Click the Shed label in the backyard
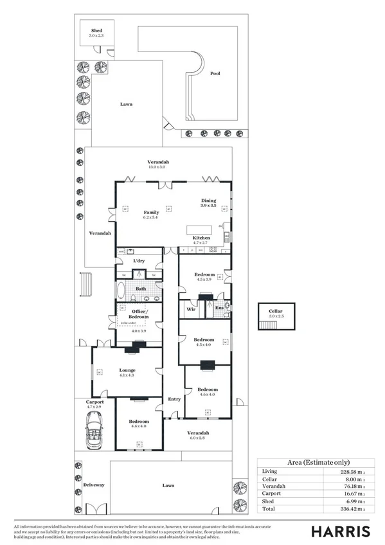click(96, 30)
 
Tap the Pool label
click(215, 73)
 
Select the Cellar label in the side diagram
click(276, 311)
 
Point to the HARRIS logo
click(341, 531)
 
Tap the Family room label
click(151, 212)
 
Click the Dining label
click(209, 200)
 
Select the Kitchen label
click(201, 238)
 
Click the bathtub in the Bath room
click(122, 291)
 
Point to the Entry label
click(174, 399)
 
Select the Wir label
click(191, 309)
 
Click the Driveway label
click(93, 485)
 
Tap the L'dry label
click(139, 261)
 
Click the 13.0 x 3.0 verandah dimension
click(157, 167)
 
